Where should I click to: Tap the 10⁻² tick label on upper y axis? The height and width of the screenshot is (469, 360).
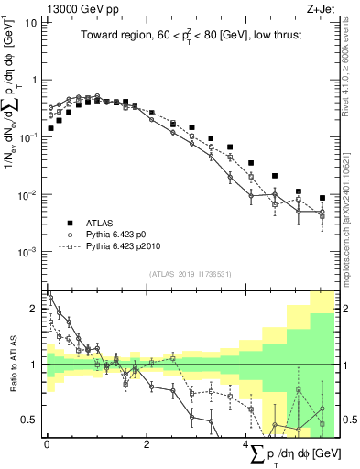[x=27, y=194]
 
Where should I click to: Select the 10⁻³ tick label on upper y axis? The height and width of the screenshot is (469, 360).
[x=27, y=251]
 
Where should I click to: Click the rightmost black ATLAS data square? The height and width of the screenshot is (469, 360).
[x=322, y=198]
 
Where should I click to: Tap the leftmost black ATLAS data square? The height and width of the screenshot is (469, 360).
[x=50, y=128]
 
